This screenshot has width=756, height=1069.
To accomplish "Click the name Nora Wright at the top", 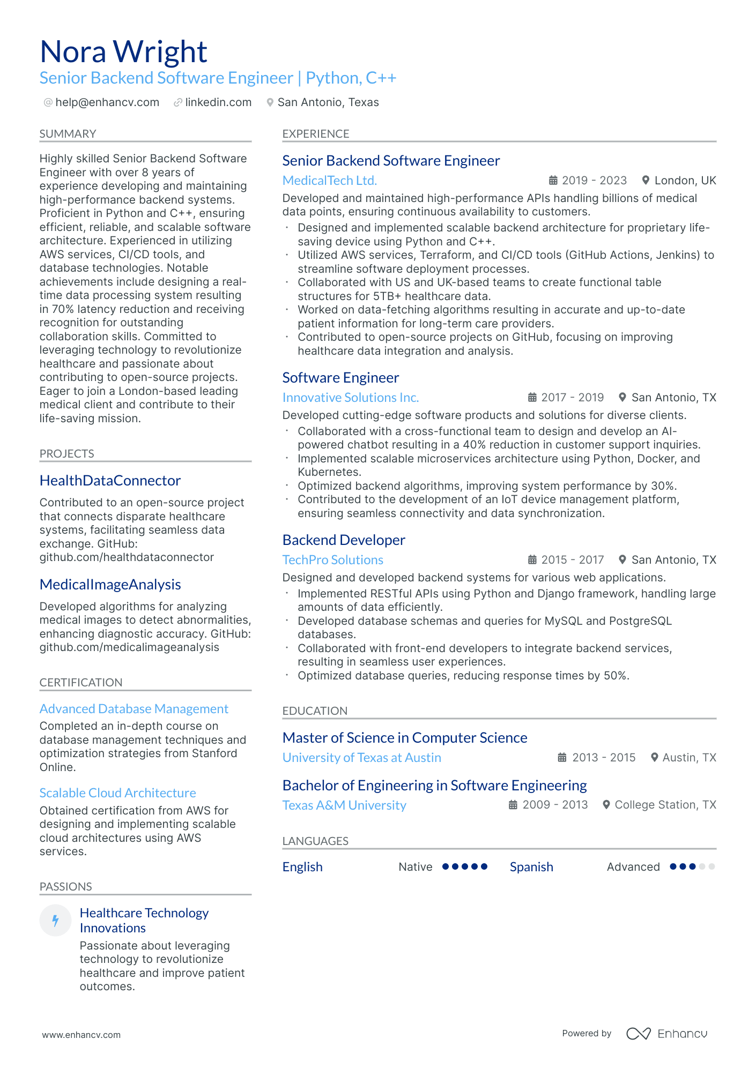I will [123, 52].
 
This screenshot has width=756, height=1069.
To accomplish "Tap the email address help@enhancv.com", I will [107, 102].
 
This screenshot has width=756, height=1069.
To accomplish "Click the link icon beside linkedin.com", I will [177, 102].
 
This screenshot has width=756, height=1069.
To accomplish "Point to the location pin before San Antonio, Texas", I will [270, 102].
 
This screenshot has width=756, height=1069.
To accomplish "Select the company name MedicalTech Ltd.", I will [329, 181].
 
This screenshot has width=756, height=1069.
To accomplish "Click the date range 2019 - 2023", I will [594, 181].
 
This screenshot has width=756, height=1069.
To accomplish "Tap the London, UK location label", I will [685, 181].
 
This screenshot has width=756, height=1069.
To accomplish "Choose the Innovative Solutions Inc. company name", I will [350, 398].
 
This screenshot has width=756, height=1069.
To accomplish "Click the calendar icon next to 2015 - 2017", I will [532, 560].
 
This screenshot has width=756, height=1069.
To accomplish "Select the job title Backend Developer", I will [344, 540].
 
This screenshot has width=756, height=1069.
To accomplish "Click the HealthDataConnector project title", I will [110, 481].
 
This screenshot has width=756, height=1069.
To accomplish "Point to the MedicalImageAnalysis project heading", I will [110, 585].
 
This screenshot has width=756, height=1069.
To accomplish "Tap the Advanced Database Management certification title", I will [134, 709].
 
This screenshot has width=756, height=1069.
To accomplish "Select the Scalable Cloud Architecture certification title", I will [117, 793].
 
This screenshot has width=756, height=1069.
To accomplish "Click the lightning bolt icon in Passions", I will [55, 921].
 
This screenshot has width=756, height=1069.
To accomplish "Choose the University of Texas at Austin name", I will [361, 758].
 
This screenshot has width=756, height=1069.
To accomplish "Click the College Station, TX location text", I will [665, 805].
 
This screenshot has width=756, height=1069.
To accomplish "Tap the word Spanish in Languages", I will [531, 867].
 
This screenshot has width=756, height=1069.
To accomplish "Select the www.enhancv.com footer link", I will [81, 1035].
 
